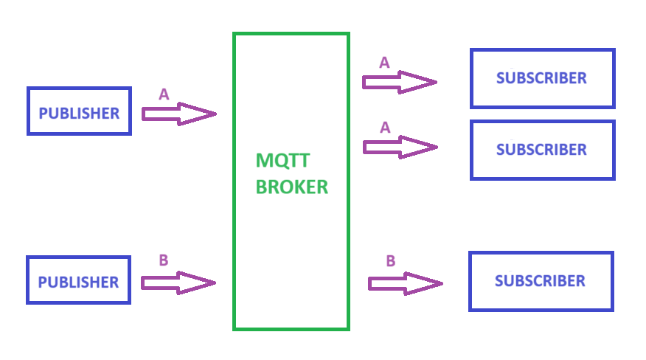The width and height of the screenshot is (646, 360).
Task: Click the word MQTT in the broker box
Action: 282,160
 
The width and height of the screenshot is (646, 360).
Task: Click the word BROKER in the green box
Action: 291,187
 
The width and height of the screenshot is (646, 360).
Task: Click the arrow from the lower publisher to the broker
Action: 178,282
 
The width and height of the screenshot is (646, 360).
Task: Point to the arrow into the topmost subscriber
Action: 399,81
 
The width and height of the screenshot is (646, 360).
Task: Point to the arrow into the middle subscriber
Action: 399,147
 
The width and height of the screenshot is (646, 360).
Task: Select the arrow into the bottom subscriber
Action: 405,283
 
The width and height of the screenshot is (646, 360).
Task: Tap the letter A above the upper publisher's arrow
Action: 164,94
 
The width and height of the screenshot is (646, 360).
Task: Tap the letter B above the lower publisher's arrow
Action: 164,260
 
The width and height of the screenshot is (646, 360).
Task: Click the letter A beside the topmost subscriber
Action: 384,63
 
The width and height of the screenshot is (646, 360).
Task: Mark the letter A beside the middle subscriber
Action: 384,128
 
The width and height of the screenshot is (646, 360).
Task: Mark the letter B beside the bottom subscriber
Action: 391,260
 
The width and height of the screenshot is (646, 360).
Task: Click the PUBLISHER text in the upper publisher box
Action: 79,114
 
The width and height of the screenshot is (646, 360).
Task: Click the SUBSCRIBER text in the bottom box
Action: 541,281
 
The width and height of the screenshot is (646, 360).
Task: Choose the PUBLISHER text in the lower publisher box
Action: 78,283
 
